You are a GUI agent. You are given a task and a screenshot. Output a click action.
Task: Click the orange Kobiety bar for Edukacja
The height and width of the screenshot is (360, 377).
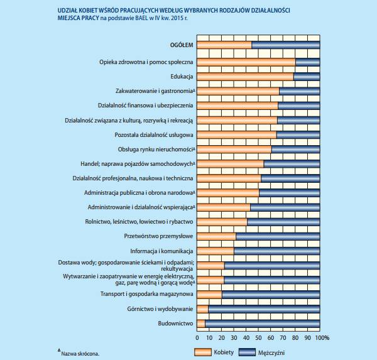[x=245, y=77]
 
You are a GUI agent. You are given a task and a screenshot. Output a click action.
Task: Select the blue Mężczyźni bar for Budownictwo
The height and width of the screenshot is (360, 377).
[x=262, y=324]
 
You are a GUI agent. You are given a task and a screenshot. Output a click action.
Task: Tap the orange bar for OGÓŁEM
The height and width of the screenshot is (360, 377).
[x=224, y=45]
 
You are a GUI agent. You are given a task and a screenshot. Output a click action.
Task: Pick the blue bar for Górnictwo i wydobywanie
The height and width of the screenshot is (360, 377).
[x=264, y=309]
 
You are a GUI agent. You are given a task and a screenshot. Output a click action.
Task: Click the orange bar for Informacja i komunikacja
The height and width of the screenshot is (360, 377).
[x=216, y=251]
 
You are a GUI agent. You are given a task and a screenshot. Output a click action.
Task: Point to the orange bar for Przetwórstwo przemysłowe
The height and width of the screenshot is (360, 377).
[x=216, y=236]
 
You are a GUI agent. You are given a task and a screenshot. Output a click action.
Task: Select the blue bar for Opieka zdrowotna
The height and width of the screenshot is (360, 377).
[x=307, y=62]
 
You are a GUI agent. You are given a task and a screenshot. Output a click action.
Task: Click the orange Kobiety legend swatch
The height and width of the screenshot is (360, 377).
[x=203, y=352]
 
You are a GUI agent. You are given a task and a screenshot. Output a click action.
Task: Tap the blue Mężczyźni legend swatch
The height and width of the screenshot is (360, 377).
[x=247, y=352]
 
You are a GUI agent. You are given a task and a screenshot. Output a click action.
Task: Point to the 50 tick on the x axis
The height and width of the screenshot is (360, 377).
[x=258, y=337]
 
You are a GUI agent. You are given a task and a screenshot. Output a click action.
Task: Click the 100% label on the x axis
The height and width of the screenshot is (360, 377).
[x=322, y=337]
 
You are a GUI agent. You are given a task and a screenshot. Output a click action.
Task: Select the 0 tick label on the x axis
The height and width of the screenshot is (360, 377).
[x=197, y=337]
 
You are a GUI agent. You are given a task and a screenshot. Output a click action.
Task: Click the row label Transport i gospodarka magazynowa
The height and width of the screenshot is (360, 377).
[x=146, y=294]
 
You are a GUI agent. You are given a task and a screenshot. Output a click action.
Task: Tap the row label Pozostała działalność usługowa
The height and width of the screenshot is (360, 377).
[x=154, y=135]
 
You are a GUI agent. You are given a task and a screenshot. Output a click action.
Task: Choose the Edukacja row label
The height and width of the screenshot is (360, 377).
[x=182, y=77]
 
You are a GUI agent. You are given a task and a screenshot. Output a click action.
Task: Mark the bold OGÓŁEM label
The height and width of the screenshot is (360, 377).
[x=182, y=45]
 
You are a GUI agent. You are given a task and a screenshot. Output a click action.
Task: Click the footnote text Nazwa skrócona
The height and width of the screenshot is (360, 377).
[x=80, y=354]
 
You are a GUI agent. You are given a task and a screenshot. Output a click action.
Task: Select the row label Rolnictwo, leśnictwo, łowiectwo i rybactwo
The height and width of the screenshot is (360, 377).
[x=139, y=222]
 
